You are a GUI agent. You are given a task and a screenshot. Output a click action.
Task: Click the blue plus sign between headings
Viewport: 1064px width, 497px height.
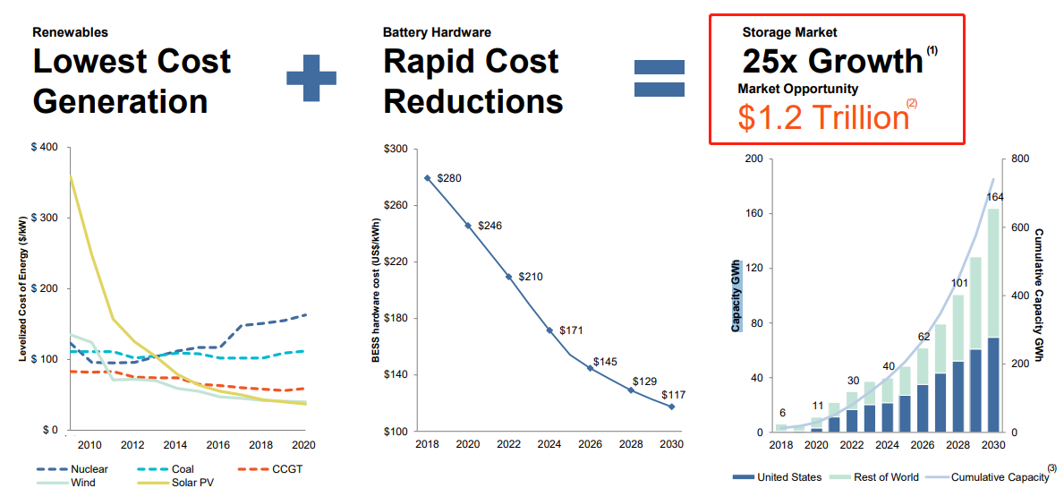click(x=311, y=78)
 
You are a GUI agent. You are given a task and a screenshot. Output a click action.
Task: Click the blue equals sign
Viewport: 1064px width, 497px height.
click(x=660, y=78)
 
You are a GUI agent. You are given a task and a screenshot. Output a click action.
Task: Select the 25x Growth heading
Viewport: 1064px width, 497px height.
click(x=832, y=61)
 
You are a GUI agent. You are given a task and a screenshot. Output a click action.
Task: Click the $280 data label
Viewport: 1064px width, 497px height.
click(x=450, y=178)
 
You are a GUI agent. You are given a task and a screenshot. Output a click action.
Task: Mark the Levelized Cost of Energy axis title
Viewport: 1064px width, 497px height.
click(x=23, y=288)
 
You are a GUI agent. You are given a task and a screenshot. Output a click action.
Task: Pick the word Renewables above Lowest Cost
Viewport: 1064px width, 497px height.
click(x=70, y=32)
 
